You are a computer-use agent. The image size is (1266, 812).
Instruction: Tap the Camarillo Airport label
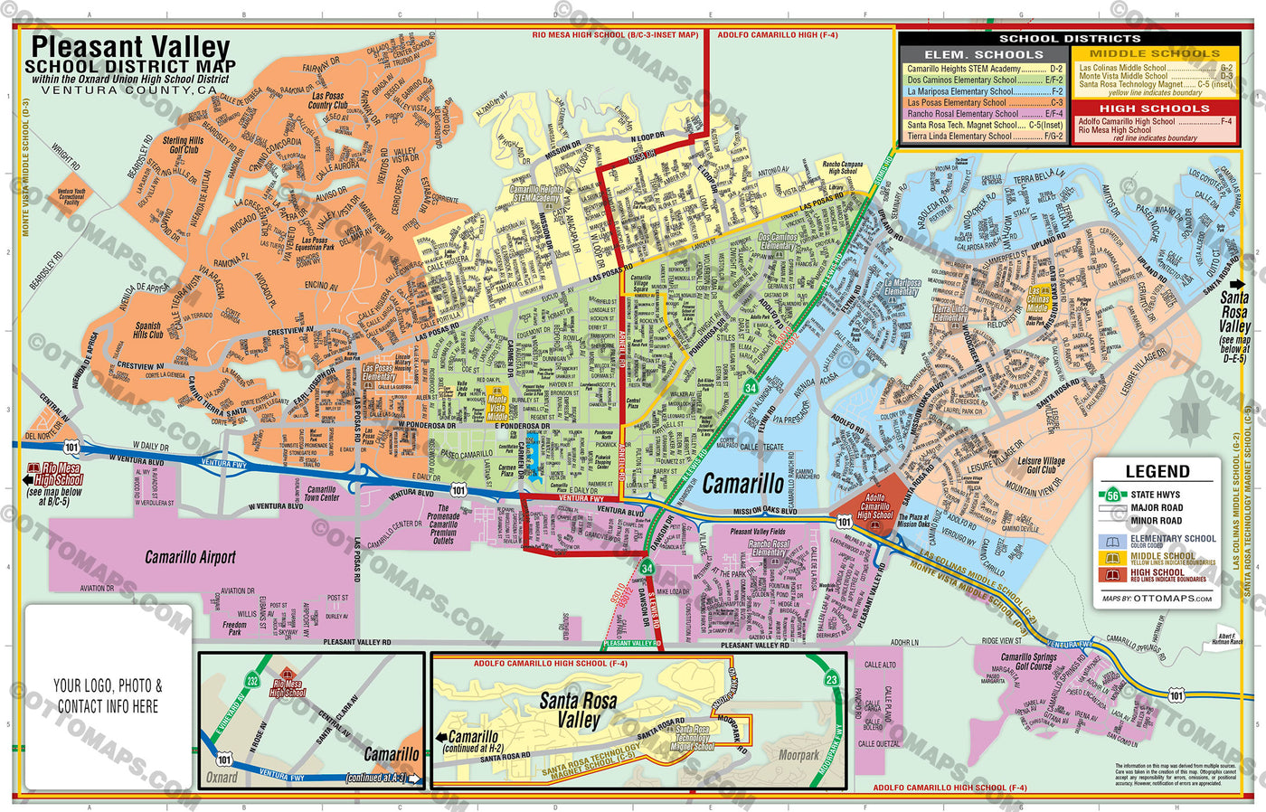pyautogui.click(x=190, y=558)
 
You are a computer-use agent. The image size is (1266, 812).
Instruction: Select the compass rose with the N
pyautogui.click(x=1189, y=418)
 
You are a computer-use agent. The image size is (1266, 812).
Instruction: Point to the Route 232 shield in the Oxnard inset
pyautogui.click(x=252, y=680)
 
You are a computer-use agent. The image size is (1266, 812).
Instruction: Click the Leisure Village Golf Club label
pyautogui.click(x=1041, y=465)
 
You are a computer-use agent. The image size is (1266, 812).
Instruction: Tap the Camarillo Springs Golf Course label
pyautogui.click(x=1028, y=662)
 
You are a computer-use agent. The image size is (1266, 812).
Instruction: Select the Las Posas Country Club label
pyautogui.click(x=327, y=100)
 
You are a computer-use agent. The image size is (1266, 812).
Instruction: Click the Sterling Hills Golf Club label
pyautogui.click(x=183, y=145)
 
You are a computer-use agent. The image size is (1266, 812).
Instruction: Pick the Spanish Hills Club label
pyautogui.click(x=148, y=330)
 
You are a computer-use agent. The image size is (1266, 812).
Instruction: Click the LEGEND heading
pyautogui.click(x=1157, y=471)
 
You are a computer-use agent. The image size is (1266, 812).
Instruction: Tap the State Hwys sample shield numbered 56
pyautogui.click(x=1113, y=495)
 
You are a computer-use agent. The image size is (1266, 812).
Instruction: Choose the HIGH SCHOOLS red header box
pyautogui.click(x=1154, y=109)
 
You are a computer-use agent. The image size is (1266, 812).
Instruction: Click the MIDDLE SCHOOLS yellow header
pyautogui.click(x=1154, y=54)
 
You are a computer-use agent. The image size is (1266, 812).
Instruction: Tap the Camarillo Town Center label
pyautogui.click(x=321, y=494)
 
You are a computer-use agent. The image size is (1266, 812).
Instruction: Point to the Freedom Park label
pyautogui.click(x=234, y=628)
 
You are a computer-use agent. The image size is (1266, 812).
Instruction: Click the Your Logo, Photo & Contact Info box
pyautogui.click(x=108, y=696)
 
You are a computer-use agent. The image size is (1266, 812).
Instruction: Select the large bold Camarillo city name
pyautogui.click(x=743, y=484)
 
